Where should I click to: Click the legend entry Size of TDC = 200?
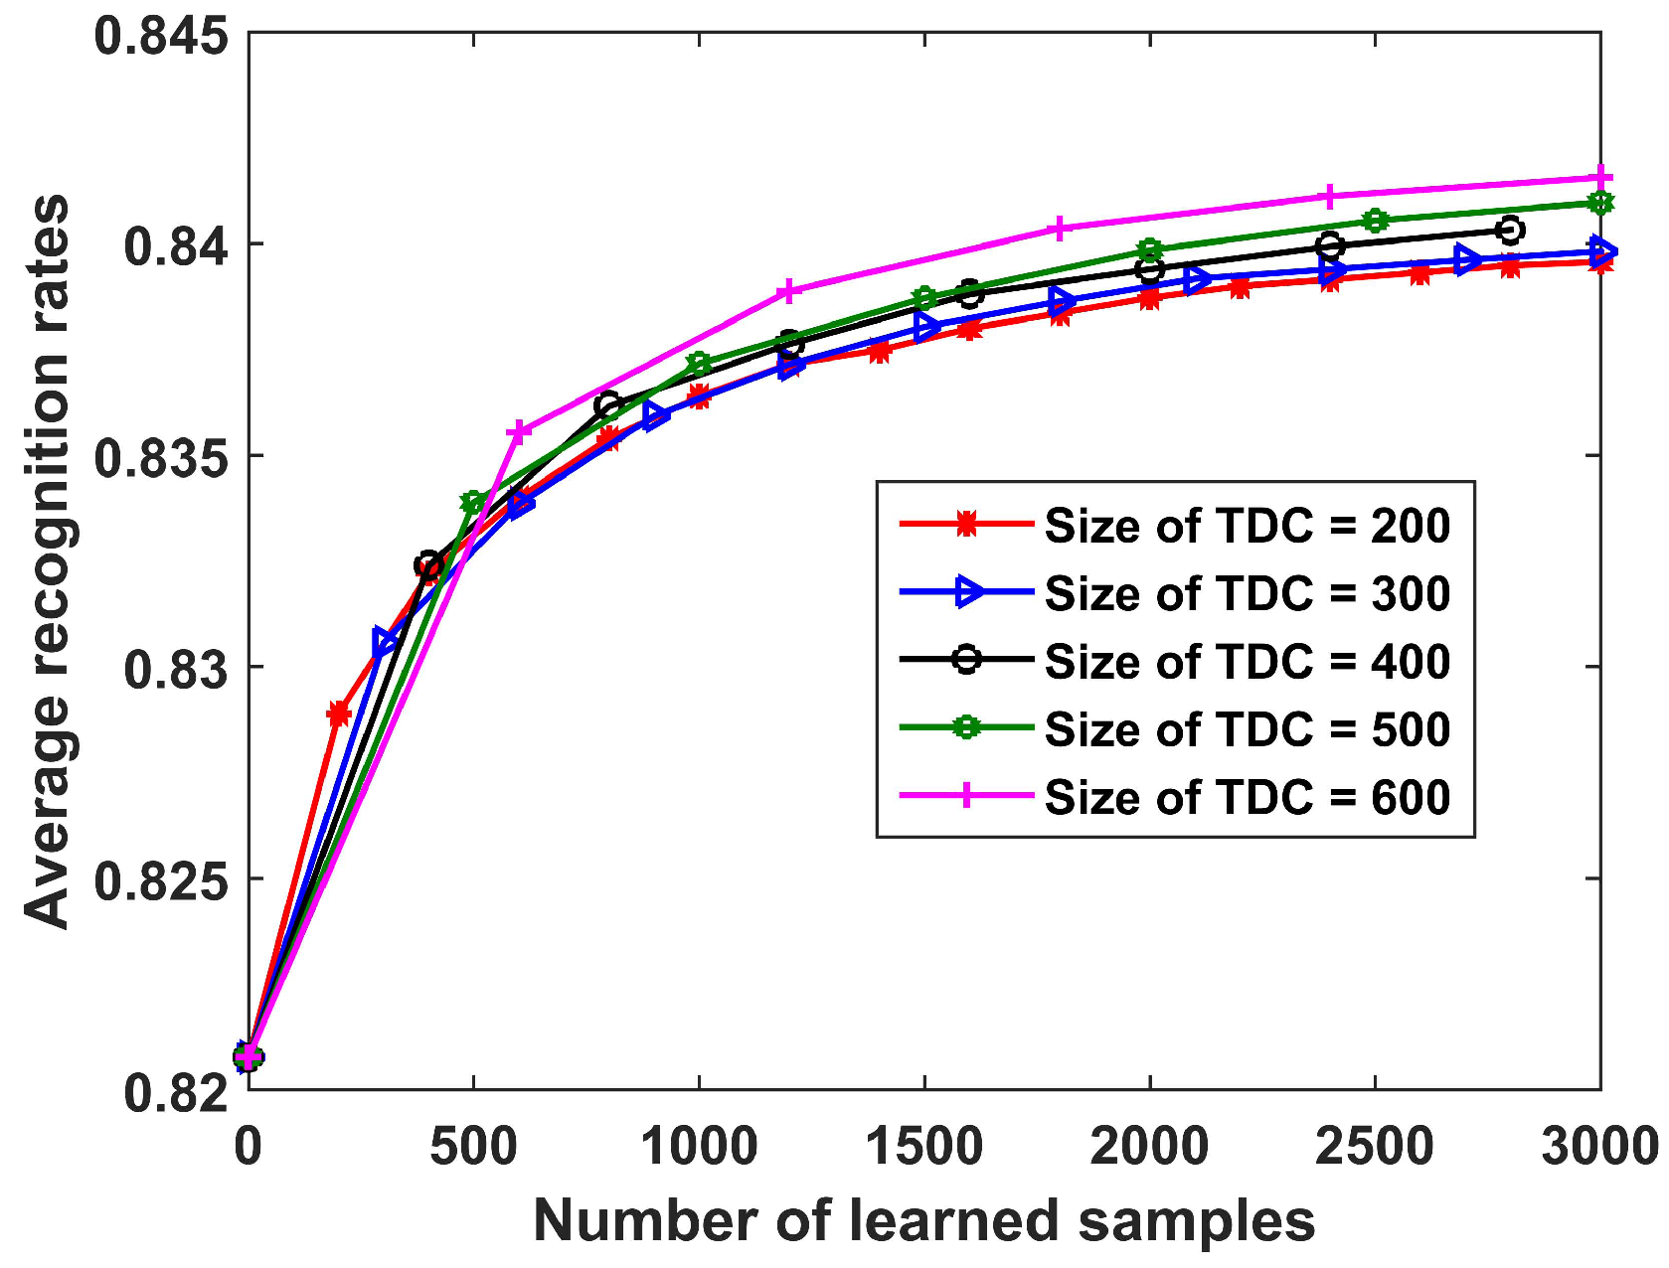[1247, 525]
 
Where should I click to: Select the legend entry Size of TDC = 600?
[1247, 797]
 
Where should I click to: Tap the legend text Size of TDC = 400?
[1247, 661]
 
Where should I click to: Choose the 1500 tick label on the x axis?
[924, 1147]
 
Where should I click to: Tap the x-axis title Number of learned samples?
[923, 1220]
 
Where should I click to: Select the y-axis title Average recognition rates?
[48, 561]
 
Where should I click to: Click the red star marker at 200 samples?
[339, 713]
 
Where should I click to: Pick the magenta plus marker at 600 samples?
[519, 431]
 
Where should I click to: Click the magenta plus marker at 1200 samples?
[788, 291]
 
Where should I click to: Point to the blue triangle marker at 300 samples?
[385, 642]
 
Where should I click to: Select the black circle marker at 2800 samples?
[1510, 231]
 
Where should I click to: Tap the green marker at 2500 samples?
[1376, 221]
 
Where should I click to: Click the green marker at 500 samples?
[473, 502]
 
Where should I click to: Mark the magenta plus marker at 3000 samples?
[1600, 178]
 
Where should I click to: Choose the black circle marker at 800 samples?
[608, 404]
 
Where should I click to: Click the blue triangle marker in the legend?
[967, 592]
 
